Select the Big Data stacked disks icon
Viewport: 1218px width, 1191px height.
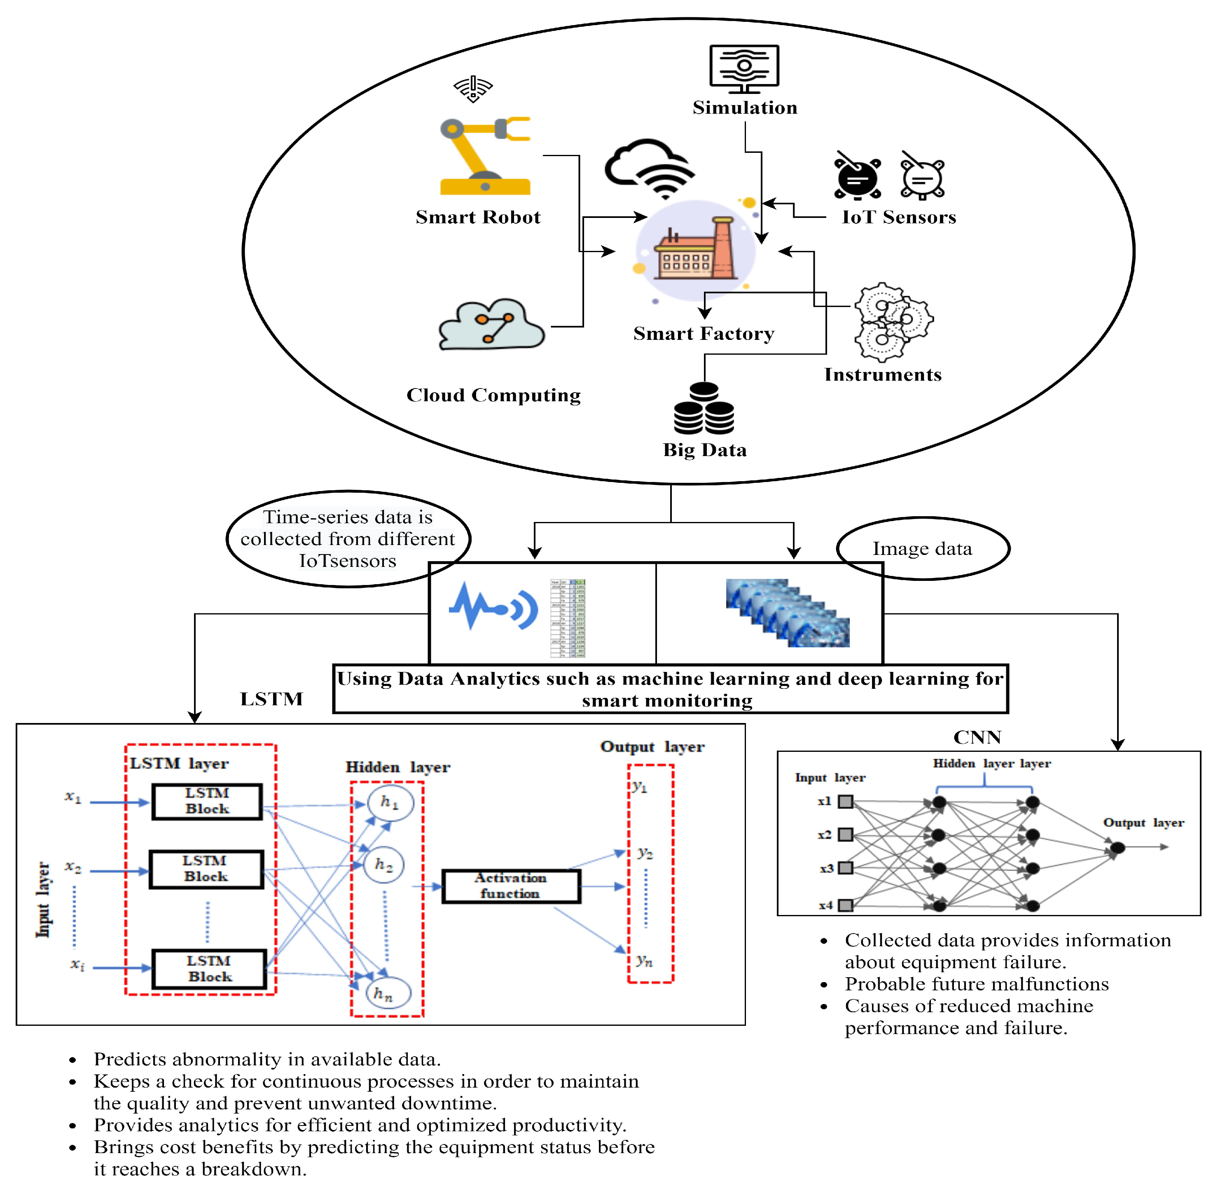704,410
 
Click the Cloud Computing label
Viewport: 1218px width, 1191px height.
493,395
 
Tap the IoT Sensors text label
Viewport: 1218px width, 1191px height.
898,217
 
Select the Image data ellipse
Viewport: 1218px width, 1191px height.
922,549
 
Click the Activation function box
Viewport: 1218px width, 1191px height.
510,886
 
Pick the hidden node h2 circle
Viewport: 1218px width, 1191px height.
383,865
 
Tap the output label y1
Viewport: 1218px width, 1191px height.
639,787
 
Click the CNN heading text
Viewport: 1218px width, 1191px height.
977,737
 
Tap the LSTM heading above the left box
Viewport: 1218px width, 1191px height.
271,699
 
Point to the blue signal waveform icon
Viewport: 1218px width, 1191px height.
493,606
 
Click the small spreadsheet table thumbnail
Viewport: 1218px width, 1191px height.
568,618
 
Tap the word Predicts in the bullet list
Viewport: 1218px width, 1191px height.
132,1060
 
